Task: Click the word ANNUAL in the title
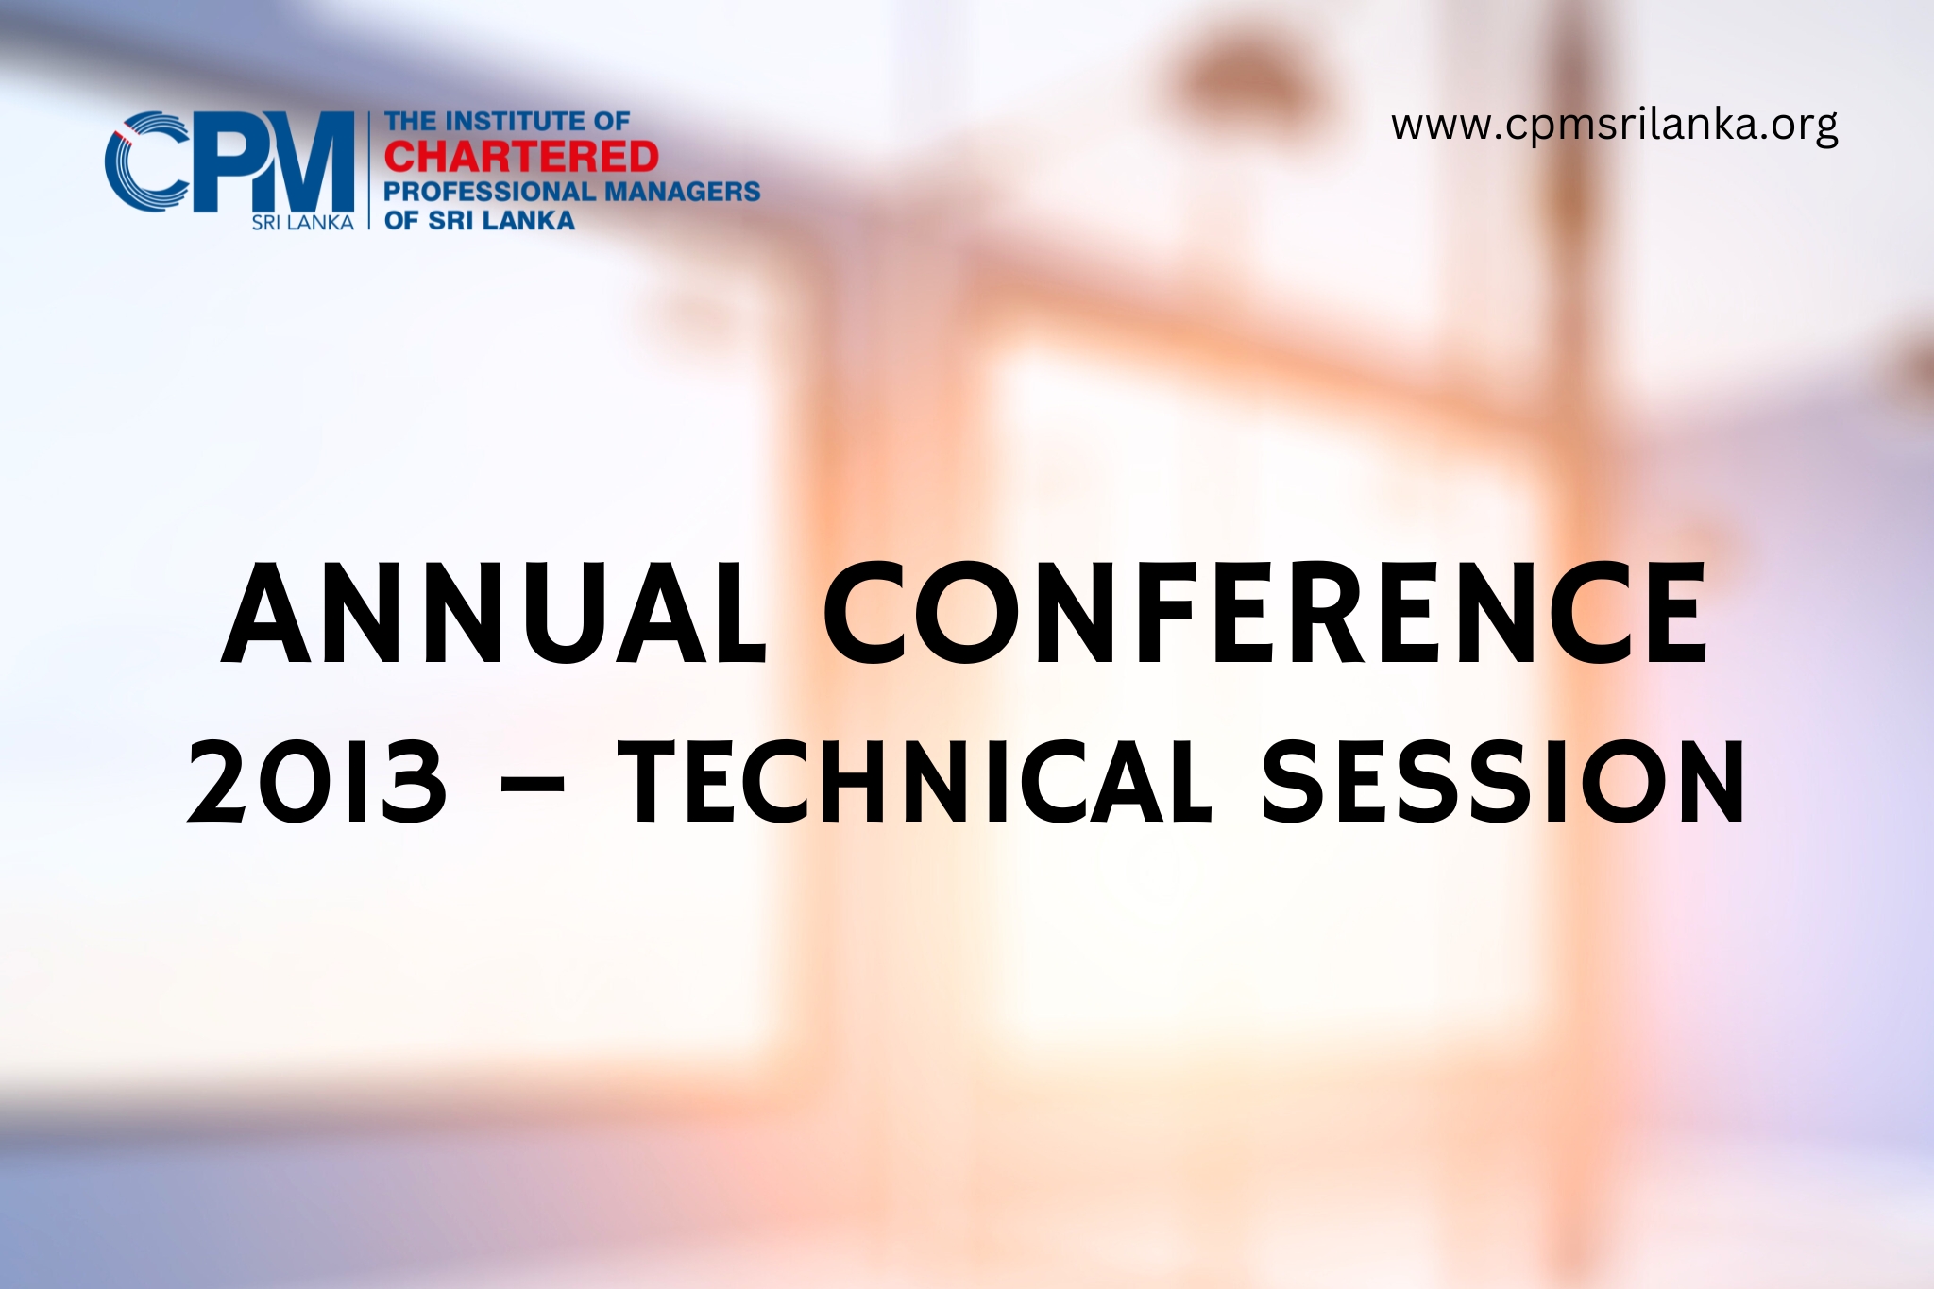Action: (493, 614)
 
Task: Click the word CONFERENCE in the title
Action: (1266, 614)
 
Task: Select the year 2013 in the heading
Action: (317, 781)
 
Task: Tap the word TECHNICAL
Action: (914, 781)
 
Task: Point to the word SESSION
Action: (1504, 781)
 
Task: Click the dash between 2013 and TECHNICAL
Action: (534, 783)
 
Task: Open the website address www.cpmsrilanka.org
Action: (1614, 125)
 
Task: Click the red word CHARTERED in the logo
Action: (521, 157)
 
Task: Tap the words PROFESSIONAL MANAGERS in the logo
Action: (571, 192)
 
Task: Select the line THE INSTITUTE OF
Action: (506, 122)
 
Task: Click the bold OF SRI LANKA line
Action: (479, 221)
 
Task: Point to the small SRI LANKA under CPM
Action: (302, 223)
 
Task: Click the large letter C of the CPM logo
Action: (146, 161)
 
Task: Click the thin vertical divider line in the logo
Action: (368, 170)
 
